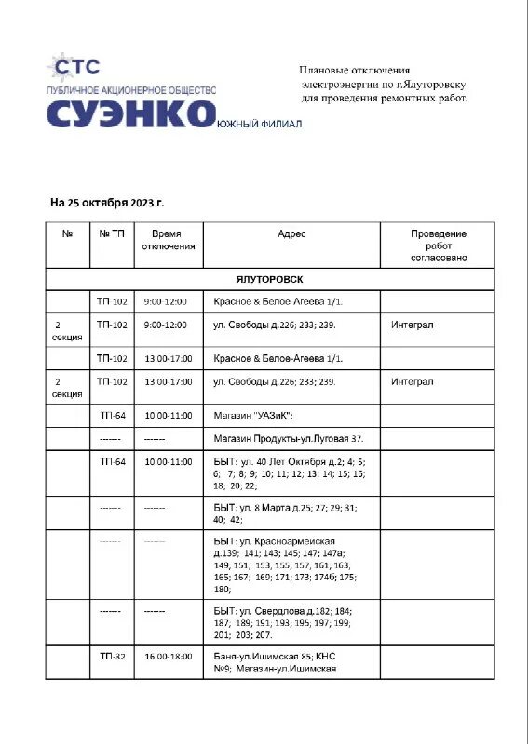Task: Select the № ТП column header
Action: (x=112, y=234)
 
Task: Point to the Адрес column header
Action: (x=291, y=234)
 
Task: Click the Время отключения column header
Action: (x=169, y=240)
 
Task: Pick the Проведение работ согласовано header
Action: (x=439, y=246)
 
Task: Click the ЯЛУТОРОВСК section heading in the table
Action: (x=269, y=279)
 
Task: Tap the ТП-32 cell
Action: (x=112, y=656)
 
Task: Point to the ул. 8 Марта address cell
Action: (x=284, y=513)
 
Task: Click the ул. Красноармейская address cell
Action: (x=281, y=565)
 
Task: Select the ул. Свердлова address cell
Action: (x=282, y=622)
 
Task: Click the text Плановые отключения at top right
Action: (x=354, y=70)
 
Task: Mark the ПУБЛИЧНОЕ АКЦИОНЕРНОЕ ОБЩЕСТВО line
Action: (x=131, y=89)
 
